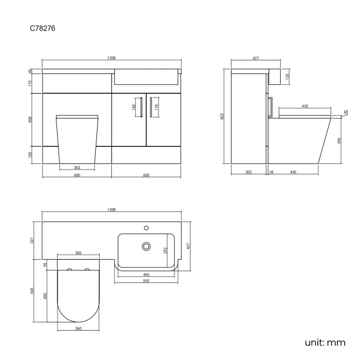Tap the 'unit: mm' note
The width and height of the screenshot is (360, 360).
tap(325, 342)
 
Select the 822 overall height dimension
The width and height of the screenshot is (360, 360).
tap(223, 116)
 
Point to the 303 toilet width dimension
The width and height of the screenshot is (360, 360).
tap(77, 167)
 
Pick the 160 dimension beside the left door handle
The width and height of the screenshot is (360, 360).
tap(134, 107)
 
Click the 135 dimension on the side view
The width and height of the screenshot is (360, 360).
tap(287, 78)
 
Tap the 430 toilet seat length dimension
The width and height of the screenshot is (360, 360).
tap(305, 106)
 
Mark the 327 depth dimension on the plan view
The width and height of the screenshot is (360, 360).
tap(32, 240)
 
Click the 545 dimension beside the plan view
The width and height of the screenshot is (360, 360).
tap(32, 291)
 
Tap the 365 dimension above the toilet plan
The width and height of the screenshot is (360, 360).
tap(78, 253)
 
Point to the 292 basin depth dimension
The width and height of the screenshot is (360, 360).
tap(164, 250)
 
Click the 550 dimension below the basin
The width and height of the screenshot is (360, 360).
tap(147, 281)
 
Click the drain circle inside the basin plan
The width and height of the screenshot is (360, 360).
tap(147, 245)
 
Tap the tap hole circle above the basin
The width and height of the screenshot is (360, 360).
tap(147, 227)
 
